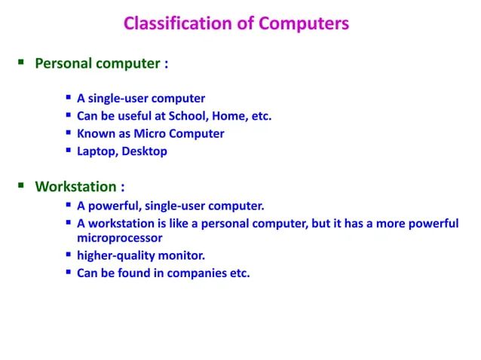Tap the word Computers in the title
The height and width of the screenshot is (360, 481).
pos(305,24)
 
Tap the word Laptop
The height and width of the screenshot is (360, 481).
pos(97,151)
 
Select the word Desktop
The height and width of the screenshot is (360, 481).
pos(146,151)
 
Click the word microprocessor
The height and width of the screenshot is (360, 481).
pos(120,238)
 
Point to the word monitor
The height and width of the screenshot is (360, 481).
pos(180,255)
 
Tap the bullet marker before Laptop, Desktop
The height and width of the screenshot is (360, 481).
pos(69,151)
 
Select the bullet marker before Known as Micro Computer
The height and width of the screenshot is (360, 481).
pos(69,133)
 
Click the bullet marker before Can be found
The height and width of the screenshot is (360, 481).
pos(69,273)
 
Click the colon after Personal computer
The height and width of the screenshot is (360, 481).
pos(165,64)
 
